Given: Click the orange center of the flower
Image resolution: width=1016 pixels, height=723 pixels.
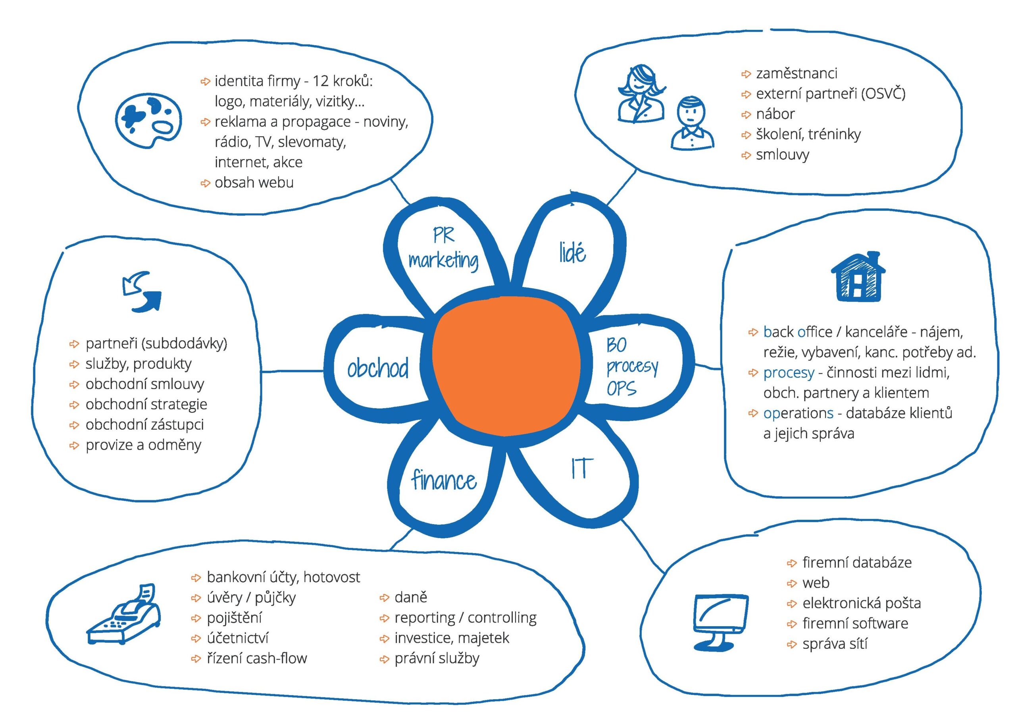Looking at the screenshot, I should (506, 366).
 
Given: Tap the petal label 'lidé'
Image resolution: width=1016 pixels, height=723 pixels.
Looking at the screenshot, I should (572, 253).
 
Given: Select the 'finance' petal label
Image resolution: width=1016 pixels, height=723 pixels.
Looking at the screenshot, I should (444, 481).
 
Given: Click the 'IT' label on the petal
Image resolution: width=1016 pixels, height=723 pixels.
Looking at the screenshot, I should (582, 469).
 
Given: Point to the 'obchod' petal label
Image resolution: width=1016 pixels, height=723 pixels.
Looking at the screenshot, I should (377, 368).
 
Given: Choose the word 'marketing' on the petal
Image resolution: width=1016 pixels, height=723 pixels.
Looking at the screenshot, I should (443, 260).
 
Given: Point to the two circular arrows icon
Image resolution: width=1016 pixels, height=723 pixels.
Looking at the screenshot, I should (142, 292).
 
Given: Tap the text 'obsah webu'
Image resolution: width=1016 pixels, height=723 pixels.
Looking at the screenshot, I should (254, 183).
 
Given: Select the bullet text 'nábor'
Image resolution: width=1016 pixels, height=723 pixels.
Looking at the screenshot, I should (775, 114).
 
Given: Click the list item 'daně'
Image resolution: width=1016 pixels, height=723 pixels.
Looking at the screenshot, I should (410, 598).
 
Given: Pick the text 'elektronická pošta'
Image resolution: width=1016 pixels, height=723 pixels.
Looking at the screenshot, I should (861, 603).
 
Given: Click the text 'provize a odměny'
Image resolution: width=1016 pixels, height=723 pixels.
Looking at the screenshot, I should (143, 445).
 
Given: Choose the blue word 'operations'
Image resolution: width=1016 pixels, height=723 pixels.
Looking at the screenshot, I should (798, 413).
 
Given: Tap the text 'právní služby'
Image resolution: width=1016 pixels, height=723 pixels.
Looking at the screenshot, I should (437, 658).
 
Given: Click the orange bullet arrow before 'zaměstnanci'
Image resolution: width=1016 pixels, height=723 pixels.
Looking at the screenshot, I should (746, 74).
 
